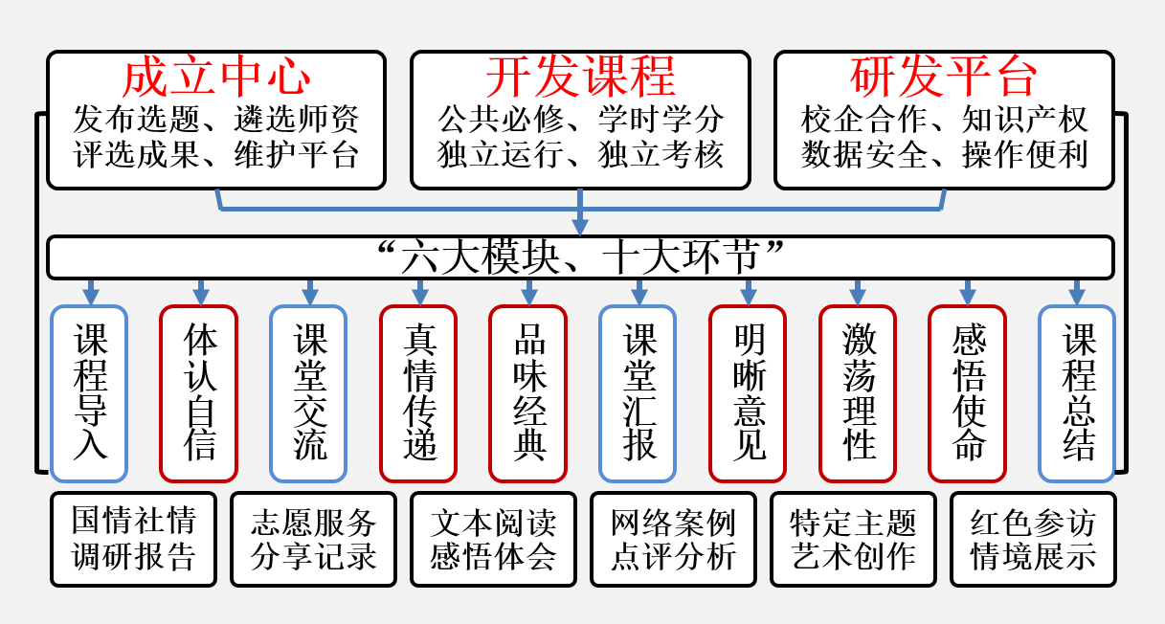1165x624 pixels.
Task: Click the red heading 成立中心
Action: (x=216, y=77)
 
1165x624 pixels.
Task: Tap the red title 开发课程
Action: (x=580, y=77)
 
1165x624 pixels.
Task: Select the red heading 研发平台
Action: (x=944, y=77)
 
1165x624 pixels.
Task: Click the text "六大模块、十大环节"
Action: (x=580, y=256)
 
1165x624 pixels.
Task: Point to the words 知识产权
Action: (x=1025, y=120)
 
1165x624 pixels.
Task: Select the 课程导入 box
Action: (x=89, y=392)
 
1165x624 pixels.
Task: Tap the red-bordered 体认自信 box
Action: (x=199, y=392)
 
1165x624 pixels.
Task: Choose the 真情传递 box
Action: (x=418, y=392)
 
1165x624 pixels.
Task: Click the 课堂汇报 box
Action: (x=639, y=392)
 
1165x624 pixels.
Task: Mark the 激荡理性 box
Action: (x=858, y=392)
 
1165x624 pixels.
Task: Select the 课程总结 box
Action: (x=1077, y=392)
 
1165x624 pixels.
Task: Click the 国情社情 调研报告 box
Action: (x=134, y=539)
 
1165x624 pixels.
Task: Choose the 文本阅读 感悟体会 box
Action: (x=493, y=539)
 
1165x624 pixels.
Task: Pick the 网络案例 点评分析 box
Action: (x=673, y=539)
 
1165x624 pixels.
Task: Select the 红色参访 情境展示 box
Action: (x=1033, y=539)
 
